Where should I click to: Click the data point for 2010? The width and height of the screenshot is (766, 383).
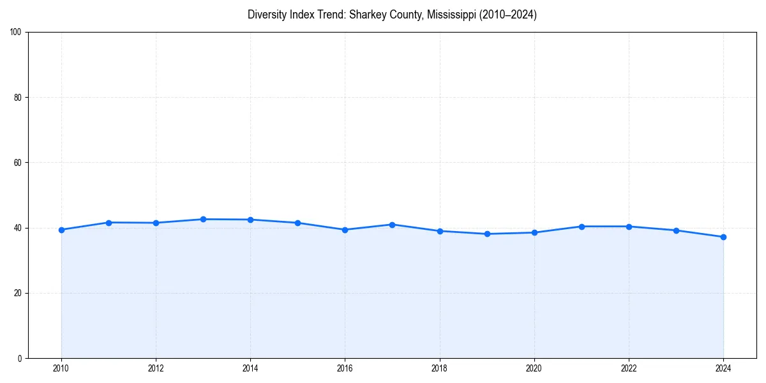click(x=61, y=230)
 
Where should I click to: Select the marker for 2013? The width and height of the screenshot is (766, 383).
click(x=203, y=219)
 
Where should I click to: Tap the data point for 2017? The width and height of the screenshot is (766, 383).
click(x=392, y=225)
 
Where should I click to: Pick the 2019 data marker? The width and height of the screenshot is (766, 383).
click(x=487, y=234)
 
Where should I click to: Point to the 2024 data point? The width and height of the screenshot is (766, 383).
click(x=723, y=237)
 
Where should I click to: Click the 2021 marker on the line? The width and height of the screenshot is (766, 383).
click(x=582, y=227)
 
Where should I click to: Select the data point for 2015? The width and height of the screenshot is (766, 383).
click(x=297, y=223)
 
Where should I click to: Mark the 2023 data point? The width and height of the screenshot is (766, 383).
click(x=676, y=230)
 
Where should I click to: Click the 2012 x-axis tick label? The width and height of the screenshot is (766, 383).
click(x=156, y=368)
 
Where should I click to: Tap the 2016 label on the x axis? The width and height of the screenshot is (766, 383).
click(x=345, y=368)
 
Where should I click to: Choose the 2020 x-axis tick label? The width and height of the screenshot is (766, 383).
click(x=534, y=368)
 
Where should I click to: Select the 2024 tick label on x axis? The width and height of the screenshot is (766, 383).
click(x=723, y=368)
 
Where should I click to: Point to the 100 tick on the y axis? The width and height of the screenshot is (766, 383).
click(x=16, y=33)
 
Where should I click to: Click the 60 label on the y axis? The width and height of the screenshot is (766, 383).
click(x=18, y=163)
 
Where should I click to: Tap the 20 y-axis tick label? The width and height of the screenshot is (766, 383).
click(x=18, y=293)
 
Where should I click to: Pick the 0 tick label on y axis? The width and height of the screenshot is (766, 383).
click(x=20, y=358)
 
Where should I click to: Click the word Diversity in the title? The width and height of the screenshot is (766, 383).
click(x=267, y=15)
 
